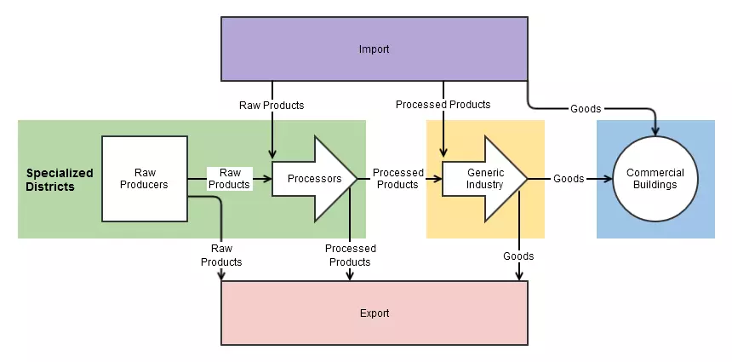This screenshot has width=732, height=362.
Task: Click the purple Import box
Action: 374,49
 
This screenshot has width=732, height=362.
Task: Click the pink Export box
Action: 374,313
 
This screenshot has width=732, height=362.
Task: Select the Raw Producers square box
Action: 145,179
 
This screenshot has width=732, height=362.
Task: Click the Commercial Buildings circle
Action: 655,179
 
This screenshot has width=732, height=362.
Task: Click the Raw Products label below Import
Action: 272,106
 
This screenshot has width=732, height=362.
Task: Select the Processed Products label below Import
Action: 443,105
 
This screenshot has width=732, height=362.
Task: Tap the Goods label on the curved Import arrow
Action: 586,109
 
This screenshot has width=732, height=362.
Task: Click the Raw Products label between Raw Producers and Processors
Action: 229,179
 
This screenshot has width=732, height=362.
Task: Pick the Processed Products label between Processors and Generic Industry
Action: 397,179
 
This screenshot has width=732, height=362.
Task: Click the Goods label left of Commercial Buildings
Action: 569,179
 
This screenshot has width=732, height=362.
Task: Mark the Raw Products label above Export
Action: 221,255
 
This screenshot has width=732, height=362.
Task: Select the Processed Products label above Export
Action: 350,255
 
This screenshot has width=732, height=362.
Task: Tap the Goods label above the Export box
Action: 518,256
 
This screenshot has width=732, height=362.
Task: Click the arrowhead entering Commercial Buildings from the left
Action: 609,179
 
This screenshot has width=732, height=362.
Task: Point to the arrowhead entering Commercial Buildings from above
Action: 655,131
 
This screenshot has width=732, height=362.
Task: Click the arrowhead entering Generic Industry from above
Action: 443,153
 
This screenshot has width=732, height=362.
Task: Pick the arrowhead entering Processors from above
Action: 272,153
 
